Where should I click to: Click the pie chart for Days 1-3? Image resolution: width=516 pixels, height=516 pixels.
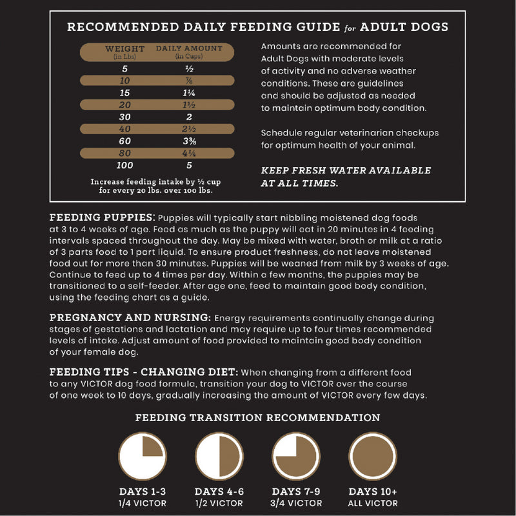tap(142, 455)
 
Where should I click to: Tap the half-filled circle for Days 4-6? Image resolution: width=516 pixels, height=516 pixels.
tap(219, 455)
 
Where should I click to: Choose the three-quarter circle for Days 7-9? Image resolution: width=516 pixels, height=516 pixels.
tap(296, 455)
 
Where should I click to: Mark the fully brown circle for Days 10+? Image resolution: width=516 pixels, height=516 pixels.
tap(373, 455)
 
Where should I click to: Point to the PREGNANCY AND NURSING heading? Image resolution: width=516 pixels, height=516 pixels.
tap(130, 318)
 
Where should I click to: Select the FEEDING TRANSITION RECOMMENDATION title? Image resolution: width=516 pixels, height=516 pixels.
tap(257, 418)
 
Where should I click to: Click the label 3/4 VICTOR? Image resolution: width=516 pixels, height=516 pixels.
tap(296, 503)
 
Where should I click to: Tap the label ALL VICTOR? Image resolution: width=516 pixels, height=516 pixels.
tap(373, 503)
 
